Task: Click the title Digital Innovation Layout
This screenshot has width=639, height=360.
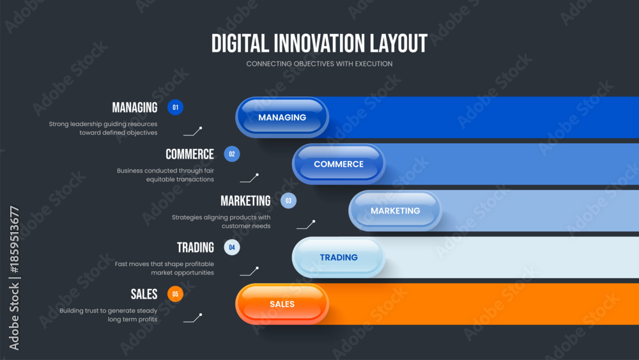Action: pyautogui.click(x=319, y=43)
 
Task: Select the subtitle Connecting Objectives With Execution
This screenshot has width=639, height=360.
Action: pyautogui.click(x=319, y=63)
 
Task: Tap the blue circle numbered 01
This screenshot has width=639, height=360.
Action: pyautogui.click(x=175, y=107)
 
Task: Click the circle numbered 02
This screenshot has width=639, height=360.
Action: pyautogui.click(x=232, y=154)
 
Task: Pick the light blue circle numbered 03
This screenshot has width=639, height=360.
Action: pyautogui.click(x=289, y=201)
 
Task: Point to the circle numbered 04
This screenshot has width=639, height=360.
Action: pyautogui.click(x=232, y=247)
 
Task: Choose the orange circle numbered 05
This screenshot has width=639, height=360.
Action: pyautogui.click(x=175, y=294)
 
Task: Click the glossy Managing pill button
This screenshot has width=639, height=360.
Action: pyautogui.click(x=282, y=118)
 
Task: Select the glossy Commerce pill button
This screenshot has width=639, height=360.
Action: pyautogui.click(x=339, y=164)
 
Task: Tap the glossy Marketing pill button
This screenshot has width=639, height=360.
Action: pyautogui.click(x=396, y=211)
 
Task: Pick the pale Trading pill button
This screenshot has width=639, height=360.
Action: pyautogui.click(x=339, y=257)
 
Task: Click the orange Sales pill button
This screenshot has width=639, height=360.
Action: pyautogui.click(x=282, y=304)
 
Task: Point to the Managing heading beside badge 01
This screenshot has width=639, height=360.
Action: pyautogui.click(x=134, y=107)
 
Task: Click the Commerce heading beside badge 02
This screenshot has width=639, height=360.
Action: pyautogui.click(x=190, y=154)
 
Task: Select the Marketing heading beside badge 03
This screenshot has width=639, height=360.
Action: pyautogui.click(x=245, y=201)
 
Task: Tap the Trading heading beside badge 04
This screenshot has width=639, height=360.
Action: pyautogui.click(x=195, y=247)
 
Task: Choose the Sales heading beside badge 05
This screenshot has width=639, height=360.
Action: pyautogui.click(x=144, y=294)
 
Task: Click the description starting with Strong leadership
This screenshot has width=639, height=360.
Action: pyautogui.click(x=103, y=128)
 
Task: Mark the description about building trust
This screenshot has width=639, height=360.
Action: pyautogui.click(x=109, y=315)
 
